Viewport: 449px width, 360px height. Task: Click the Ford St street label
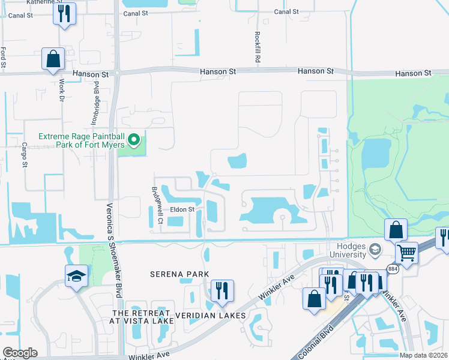click(x=4, y=57)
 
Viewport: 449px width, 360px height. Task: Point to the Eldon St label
click(x=182, y=209)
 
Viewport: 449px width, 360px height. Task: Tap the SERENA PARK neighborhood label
click(x=179, y=274)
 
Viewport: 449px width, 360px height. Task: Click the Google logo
click(x=20, y=353)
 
